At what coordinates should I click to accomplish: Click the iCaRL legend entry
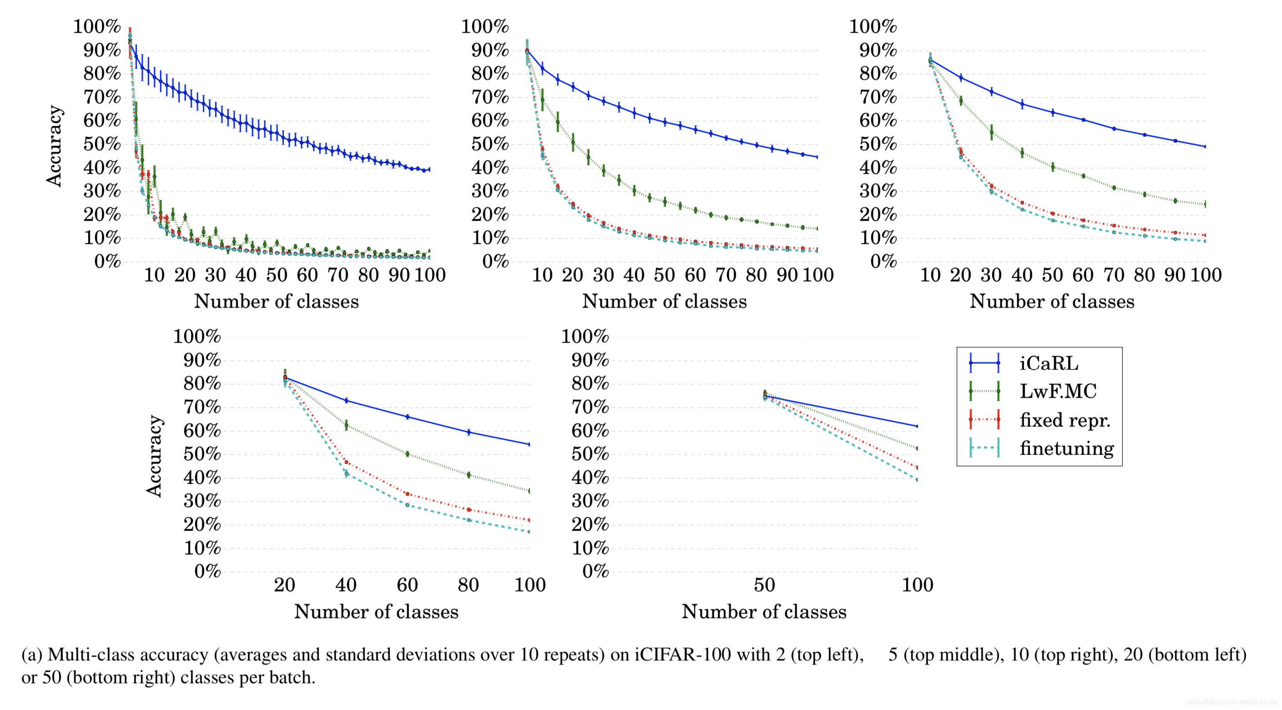[1048, 364]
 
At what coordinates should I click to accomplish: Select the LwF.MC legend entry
[1058, 391]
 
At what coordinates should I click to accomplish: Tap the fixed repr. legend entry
[1065, 420]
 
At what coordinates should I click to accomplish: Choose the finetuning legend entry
[1066, 449]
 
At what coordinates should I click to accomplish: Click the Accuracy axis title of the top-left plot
[54, 146]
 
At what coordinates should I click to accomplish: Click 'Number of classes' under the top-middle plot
[664, 302]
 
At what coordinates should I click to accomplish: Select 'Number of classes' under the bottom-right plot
[763, 612]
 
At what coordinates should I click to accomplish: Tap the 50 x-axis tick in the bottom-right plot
[764, 585]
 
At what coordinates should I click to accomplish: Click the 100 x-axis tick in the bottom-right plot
[917, 585]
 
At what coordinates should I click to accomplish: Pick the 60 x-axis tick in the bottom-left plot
[407, 585]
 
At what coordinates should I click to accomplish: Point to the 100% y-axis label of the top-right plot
[873, 26]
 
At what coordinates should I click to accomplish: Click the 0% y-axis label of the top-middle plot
[495, 261]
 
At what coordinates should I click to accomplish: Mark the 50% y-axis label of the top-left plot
[102, 144]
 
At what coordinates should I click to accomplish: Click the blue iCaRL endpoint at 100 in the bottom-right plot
[917, 426]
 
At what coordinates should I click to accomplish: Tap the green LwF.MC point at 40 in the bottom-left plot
[346, 425]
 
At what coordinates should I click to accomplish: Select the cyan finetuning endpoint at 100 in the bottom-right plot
[917, 479]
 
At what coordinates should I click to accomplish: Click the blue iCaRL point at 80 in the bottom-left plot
[468, 432]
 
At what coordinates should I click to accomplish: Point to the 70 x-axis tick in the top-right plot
[1114, 275]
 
